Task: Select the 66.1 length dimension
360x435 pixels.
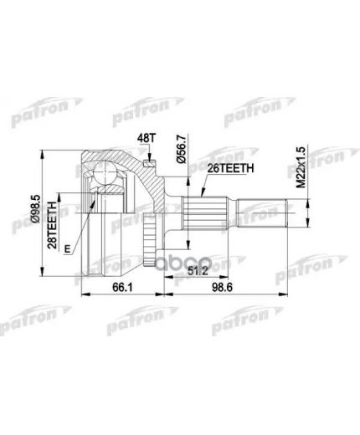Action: pyautogui.click(x=123, y=287)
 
